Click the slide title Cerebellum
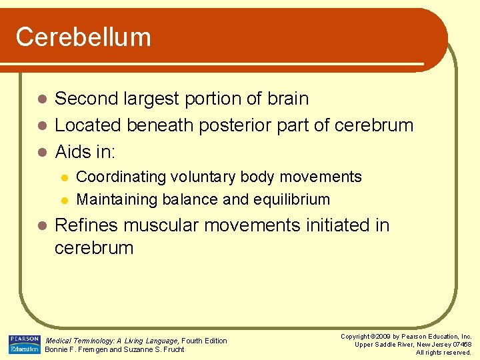point(83,37)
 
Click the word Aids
point(74,152)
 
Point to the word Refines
point(85,225)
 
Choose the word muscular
point(157,225)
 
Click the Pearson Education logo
point(24,344)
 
